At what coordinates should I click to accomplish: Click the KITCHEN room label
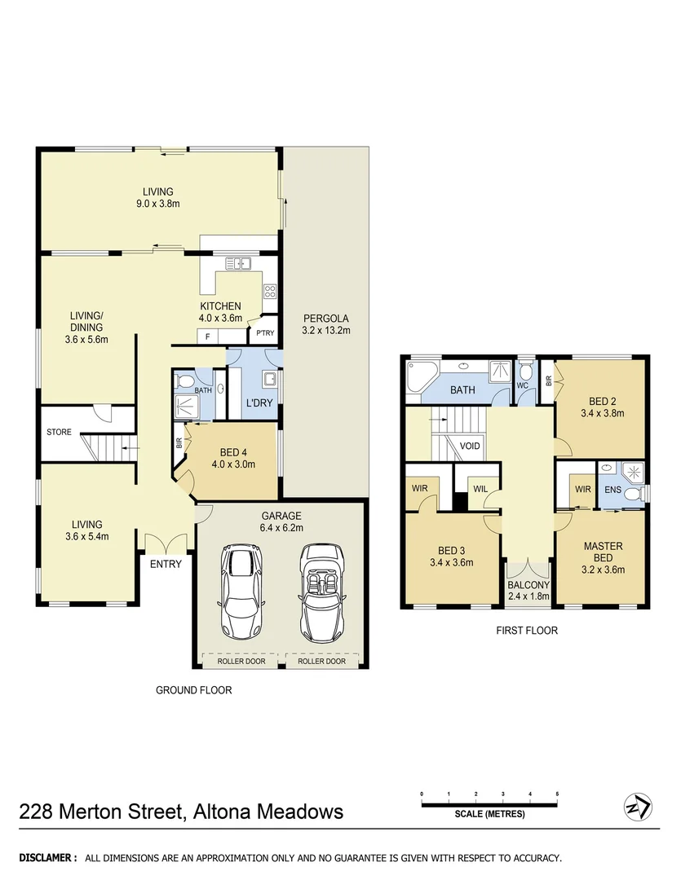click(221, 306)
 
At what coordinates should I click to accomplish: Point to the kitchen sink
click(238, 263)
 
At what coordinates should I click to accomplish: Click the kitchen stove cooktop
click(269, 291)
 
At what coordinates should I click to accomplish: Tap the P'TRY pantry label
click(265, 334)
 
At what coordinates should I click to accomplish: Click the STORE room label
click(59, 432)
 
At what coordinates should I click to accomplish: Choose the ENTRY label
click(166, 563)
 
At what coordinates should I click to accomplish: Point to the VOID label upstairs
click(470, 447)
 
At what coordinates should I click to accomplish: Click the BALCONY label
click(528, 584)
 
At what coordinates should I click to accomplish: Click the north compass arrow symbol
click(637, 807)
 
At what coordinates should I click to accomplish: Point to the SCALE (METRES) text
click(489, 814)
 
